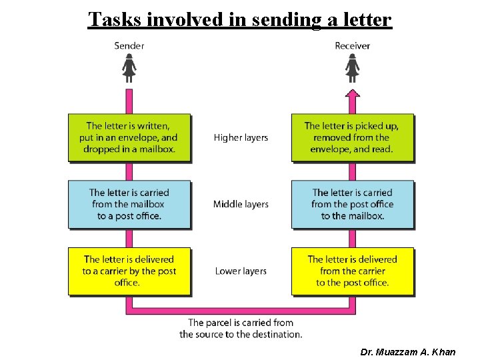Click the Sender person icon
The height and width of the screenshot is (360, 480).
point(129,67)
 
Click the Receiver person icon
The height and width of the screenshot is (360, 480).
point(353,67)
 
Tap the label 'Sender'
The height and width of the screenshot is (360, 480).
point(129,46)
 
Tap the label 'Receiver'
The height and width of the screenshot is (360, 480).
point(353,46)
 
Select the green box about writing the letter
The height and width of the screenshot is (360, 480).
point(129,137)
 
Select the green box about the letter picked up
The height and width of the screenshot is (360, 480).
point(353,137)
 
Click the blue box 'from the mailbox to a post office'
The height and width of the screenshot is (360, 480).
point(129,204)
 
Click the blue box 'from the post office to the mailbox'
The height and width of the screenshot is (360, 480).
point(353,204)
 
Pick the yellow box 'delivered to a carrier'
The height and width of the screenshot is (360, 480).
point(129,271)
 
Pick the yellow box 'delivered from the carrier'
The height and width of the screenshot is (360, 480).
point(353,271)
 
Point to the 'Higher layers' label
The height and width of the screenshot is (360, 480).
point(241,138)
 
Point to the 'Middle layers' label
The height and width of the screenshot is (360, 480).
point(241,204)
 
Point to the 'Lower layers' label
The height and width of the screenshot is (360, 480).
point(241,271)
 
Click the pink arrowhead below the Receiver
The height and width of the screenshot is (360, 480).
point(353,94)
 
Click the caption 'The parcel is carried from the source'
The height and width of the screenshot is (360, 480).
point(241,329)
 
